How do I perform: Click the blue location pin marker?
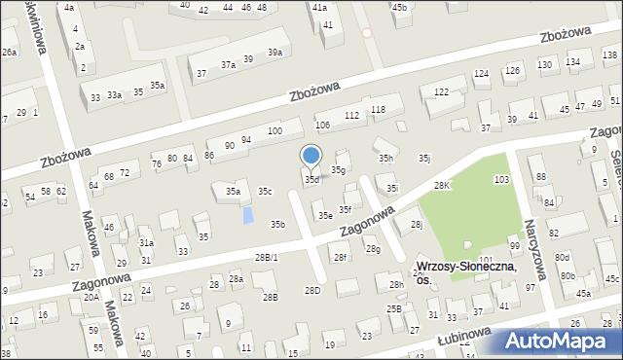311,156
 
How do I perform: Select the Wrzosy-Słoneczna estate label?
465,271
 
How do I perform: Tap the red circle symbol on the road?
367,32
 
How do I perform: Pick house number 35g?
338,170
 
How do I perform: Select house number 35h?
386,158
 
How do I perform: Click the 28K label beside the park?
443,185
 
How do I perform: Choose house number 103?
501,180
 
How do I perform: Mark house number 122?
441,91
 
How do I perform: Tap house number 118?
379,110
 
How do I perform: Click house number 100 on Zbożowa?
275,131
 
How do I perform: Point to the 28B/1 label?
266,258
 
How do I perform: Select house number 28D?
312,290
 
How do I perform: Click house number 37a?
228,64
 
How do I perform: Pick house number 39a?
276,53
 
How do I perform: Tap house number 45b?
399,7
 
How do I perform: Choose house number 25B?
394,308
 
